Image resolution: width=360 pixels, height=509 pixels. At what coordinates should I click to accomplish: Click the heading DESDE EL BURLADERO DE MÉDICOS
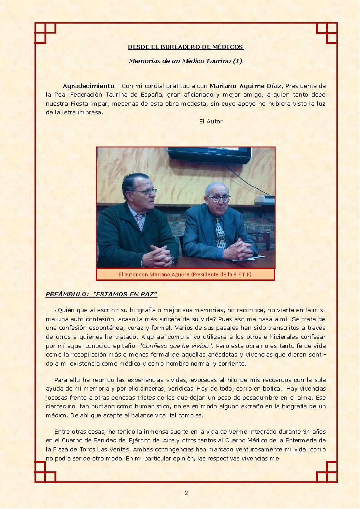pyautogui.click(x=186, y=47)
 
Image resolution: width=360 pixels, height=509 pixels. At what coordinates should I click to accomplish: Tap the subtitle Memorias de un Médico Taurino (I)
pyautogui.click(x=185, y=61)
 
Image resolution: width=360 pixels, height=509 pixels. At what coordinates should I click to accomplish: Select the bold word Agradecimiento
pyautogui.click(x=89, y=86)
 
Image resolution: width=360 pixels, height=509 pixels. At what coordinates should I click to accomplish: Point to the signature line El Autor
pyautogui.click(x=211, y=122)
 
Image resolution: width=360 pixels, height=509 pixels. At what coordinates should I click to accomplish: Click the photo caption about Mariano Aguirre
pyautogui.click(x=185, y=274)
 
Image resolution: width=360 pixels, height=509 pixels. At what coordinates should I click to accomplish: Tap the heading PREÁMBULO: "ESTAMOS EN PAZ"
pyautogui.click(x=101, y=294)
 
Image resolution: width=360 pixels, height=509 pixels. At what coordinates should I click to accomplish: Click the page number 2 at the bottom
pyautogui.click(x=186, y=493)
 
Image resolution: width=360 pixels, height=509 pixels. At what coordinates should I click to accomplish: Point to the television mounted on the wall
pyautogui.click(x=209, y=155)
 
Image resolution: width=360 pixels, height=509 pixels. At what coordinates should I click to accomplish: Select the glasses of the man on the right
pyautogui.click(x=219, y=198)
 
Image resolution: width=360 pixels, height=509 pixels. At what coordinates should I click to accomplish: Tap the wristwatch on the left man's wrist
pyautogui.click(x=173, y=260)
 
